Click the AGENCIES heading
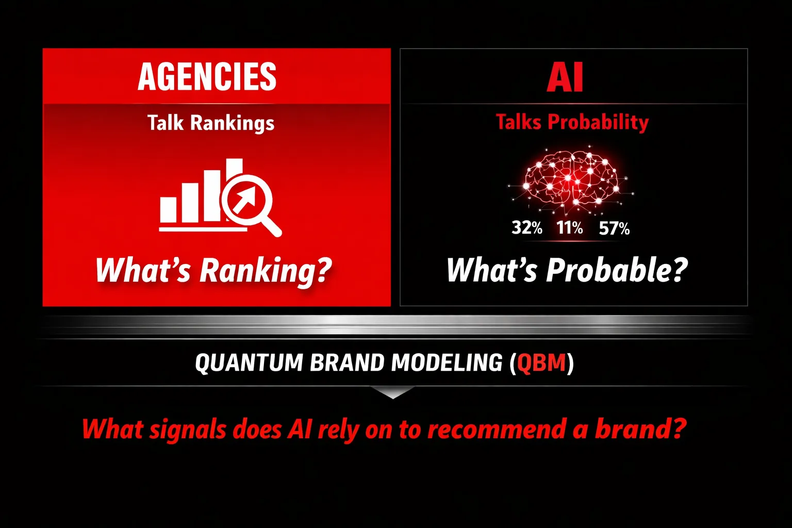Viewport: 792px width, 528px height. pyautogui.click(x=207, y=76)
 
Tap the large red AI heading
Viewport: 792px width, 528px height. pyautogui.click(x=565, y=77)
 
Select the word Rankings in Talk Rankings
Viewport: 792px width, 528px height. pyautogui.click(x=233, y=123)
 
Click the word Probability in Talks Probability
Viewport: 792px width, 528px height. pyautogui.click(x=598, y=122)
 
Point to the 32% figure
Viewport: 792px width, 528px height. pyautogui.click(x=527, y=228)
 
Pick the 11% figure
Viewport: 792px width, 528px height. pyautogui.click(x=570, y=228)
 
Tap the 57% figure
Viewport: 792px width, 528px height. pyautogui.click(x=614, y=228)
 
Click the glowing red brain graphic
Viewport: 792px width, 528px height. pyautogui.click(x=570, y=181)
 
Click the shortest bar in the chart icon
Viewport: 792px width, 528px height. pyautogui.click(x=168, y=209)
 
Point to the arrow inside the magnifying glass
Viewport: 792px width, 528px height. pyautogui.click(x=244, y=200)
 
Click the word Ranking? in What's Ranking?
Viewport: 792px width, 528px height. pyautogui.click(x=266, y=271)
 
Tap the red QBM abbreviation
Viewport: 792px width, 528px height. pyautogui.click(x=541, y=363)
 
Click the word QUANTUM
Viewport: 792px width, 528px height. pyautogui.click(x=249, y=362)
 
